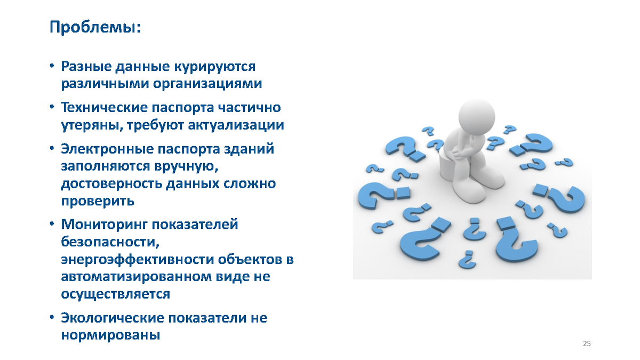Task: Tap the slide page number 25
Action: click(587, 343)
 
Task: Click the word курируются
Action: click(215, 67)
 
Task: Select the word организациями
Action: click(207, 84)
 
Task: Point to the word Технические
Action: click(105, 108)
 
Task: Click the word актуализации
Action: click(236, 125)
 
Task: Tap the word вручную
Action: click(186, 166)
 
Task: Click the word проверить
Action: click(98, 201)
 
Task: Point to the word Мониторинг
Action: click(104, 225)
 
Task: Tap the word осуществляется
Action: click(116, 294)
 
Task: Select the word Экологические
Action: click(113, 318)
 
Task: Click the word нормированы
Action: click(110, 335)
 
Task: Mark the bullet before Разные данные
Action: click(52, 66)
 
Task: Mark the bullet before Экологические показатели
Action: click(52, 318)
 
